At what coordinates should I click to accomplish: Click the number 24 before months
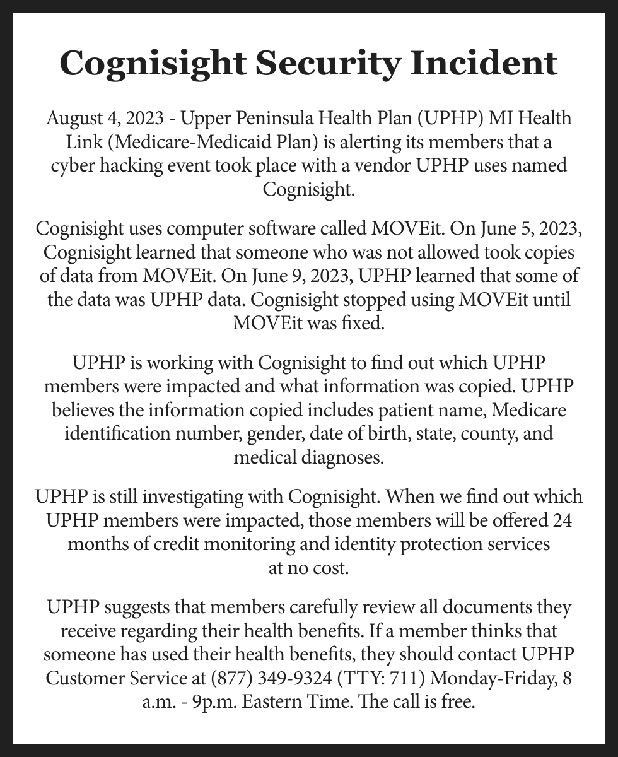561,520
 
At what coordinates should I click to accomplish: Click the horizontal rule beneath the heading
309,88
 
